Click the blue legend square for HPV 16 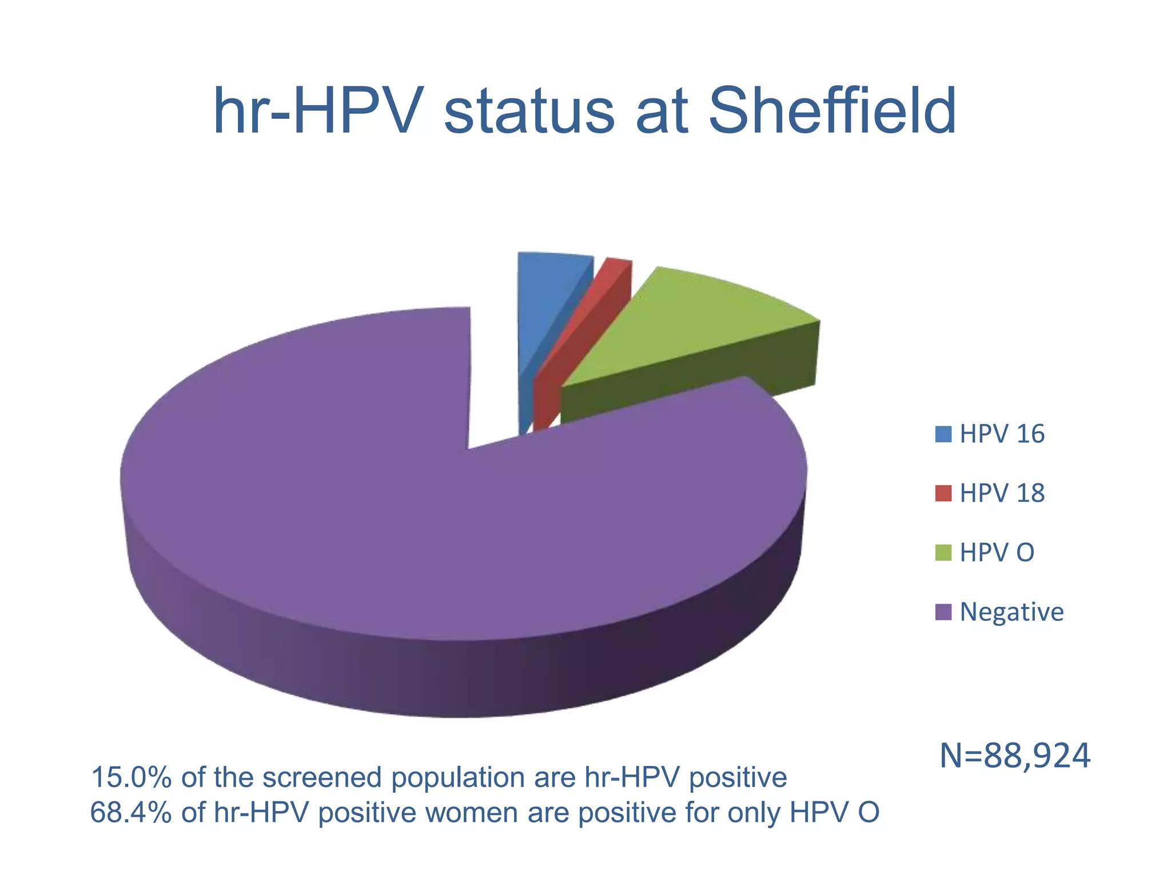click(943, 434)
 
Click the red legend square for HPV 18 click(943, 493)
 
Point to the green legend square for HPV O click(943, 553)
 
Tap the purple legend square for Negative click(943, 612)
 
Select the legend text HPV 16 click(1002, 434)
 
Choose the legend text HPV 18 click(1002, 493)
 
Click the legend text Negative click(1011, 612)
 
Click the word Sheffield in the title click(832, 111)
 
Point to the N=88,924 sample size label click(1015, 756)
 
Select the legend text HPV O click(997, 553)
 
